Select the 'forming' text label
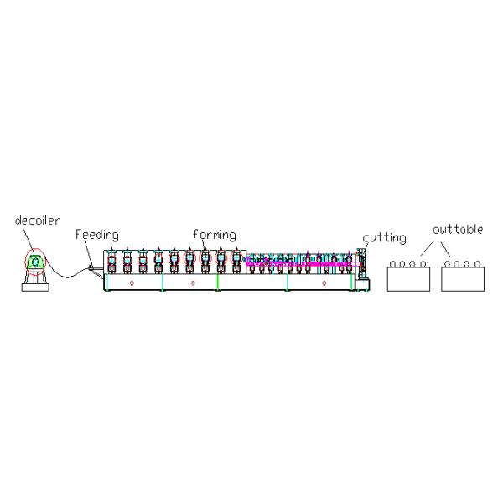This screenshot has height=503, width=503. pyautogui.click(x=214, y=234)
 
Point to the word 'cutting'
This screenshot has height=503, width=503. pyautogui.click(x=384, y=237)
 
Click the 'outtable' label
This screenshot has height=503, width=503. pyautogui.click(x=457, y=229)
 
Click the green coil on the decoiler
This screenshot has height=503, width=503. pyautogui.click(x=35, y=262)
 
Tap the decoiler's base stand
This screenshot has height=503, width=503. pyautogui.click(x=35, y=282)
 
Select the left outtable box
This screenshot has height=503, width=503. pyautogui.click(x=408, y=278)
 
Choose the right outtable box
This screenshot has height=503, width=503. pyautogui.click(x=464, y=278)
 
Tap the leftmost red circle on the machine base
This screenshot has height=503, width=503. pyautogui.click(x=132, y=283)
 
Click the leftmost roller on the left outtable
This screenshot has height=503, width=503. pyautogui.click(x=393, y=264)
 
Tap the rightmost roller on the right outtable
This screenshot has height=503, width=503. pyautogui.click(x=478, y=264)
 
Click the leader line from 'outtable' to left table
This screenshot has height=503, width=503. pyautogui.click(x=427, y=249)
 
